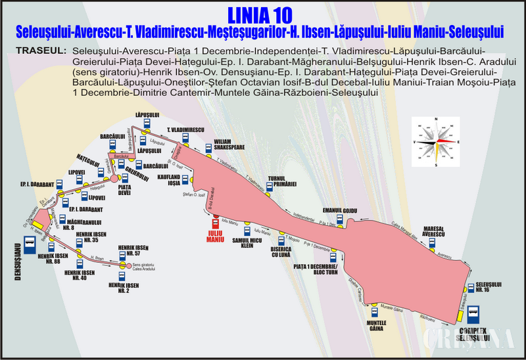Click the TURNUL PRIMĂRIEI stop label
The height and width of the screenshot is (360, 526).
pyautogui.click(x=283, y=180)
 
